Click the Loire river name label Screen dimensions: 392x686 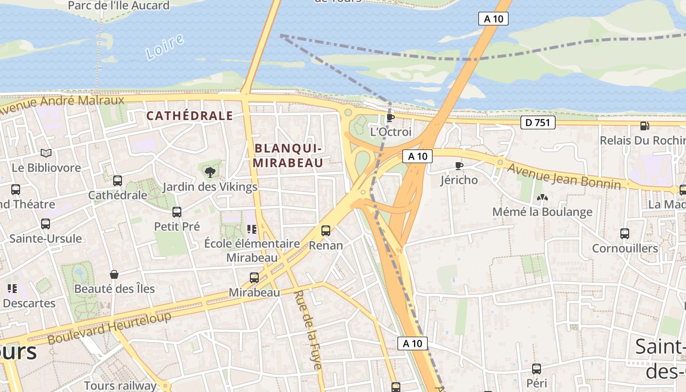click(x=165, y=47)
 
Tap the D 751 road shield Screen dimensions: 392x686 click(x=538, y=122)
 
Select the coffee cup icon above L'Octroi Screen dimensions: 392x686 click(x=390, y=118)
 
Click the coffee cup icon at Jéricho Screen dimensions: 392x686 click(x=459, y=166)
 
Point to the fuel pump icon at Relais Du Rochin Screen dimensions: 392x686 click(x=644, y=126)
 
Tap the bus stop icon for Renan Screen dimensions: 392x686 click(x=326, y=230)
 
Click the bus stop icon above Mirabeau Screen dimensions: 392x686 click(x=254, y=278)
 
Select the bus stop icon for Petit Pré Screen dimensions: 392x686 click(x=177, y=212)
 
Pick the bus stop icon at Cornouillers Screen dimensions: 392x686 click(x=625, y=234)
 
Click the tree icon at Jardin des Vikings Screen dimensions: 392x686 click(x=210, y=172)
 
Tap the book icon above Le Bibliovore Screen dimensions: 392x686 click(x=46, y=153)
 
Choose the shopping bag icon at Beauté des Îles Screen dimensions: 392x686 click(x=114, y=274)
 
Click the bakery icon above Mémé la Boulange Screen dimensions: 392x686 click(x=542, y=197)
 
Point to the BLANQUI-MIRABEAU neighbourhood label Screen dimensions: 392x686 click(x=288, y=155)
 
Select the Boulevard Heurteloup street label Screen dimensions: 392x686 click(x=109, y=327)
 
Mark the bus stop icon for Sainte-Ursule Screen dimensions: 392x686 click(x=46, y=224)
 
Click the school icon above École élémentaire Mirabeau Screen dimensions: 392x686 click(x=252, y=229)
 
